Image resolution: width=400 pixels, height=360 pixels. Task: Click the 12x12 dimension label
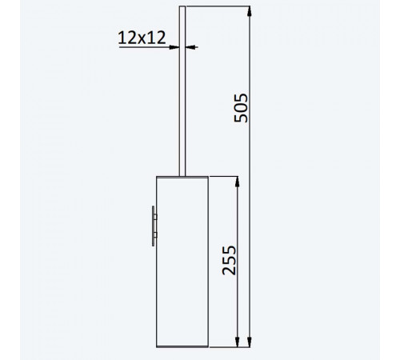(142, 38)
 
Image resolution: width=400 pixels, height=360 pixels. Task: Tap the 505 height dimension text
(241, 108)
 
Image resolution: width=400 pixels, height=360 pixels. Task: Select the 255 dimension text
(229, 260)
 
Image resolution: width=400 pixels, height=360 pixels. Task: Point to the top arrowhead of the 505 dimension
(250, 11)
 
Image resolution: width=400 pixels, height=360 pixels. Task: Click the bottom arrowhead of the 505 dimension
(250, 342)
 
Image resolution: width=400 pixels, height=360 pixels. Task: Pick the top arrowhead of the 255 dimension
(238, 182)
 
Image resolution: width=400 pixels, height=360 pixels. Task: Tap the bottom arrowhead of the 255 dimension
(238, 342)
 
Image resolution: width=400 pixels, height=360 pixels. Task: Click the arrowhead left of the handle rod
(174, 47)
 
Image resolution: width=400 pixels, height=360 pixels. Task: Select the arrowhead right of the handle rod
(190, 47)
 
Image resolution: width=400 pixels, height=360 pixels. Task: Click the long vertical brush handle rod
(182, 91)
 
